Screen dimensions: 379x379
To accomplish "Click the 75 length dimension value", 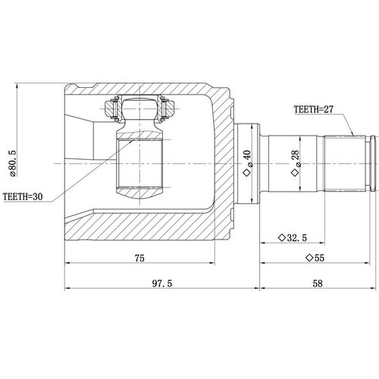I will pyautogui.click(x=139, y=258).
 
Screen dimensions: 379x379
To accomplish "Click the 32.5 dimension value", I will pyautogui.click(x=297, y=237).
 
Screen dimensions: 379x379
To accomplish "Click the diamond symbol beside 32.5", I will pyautogui.click(x=281, y=237).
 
